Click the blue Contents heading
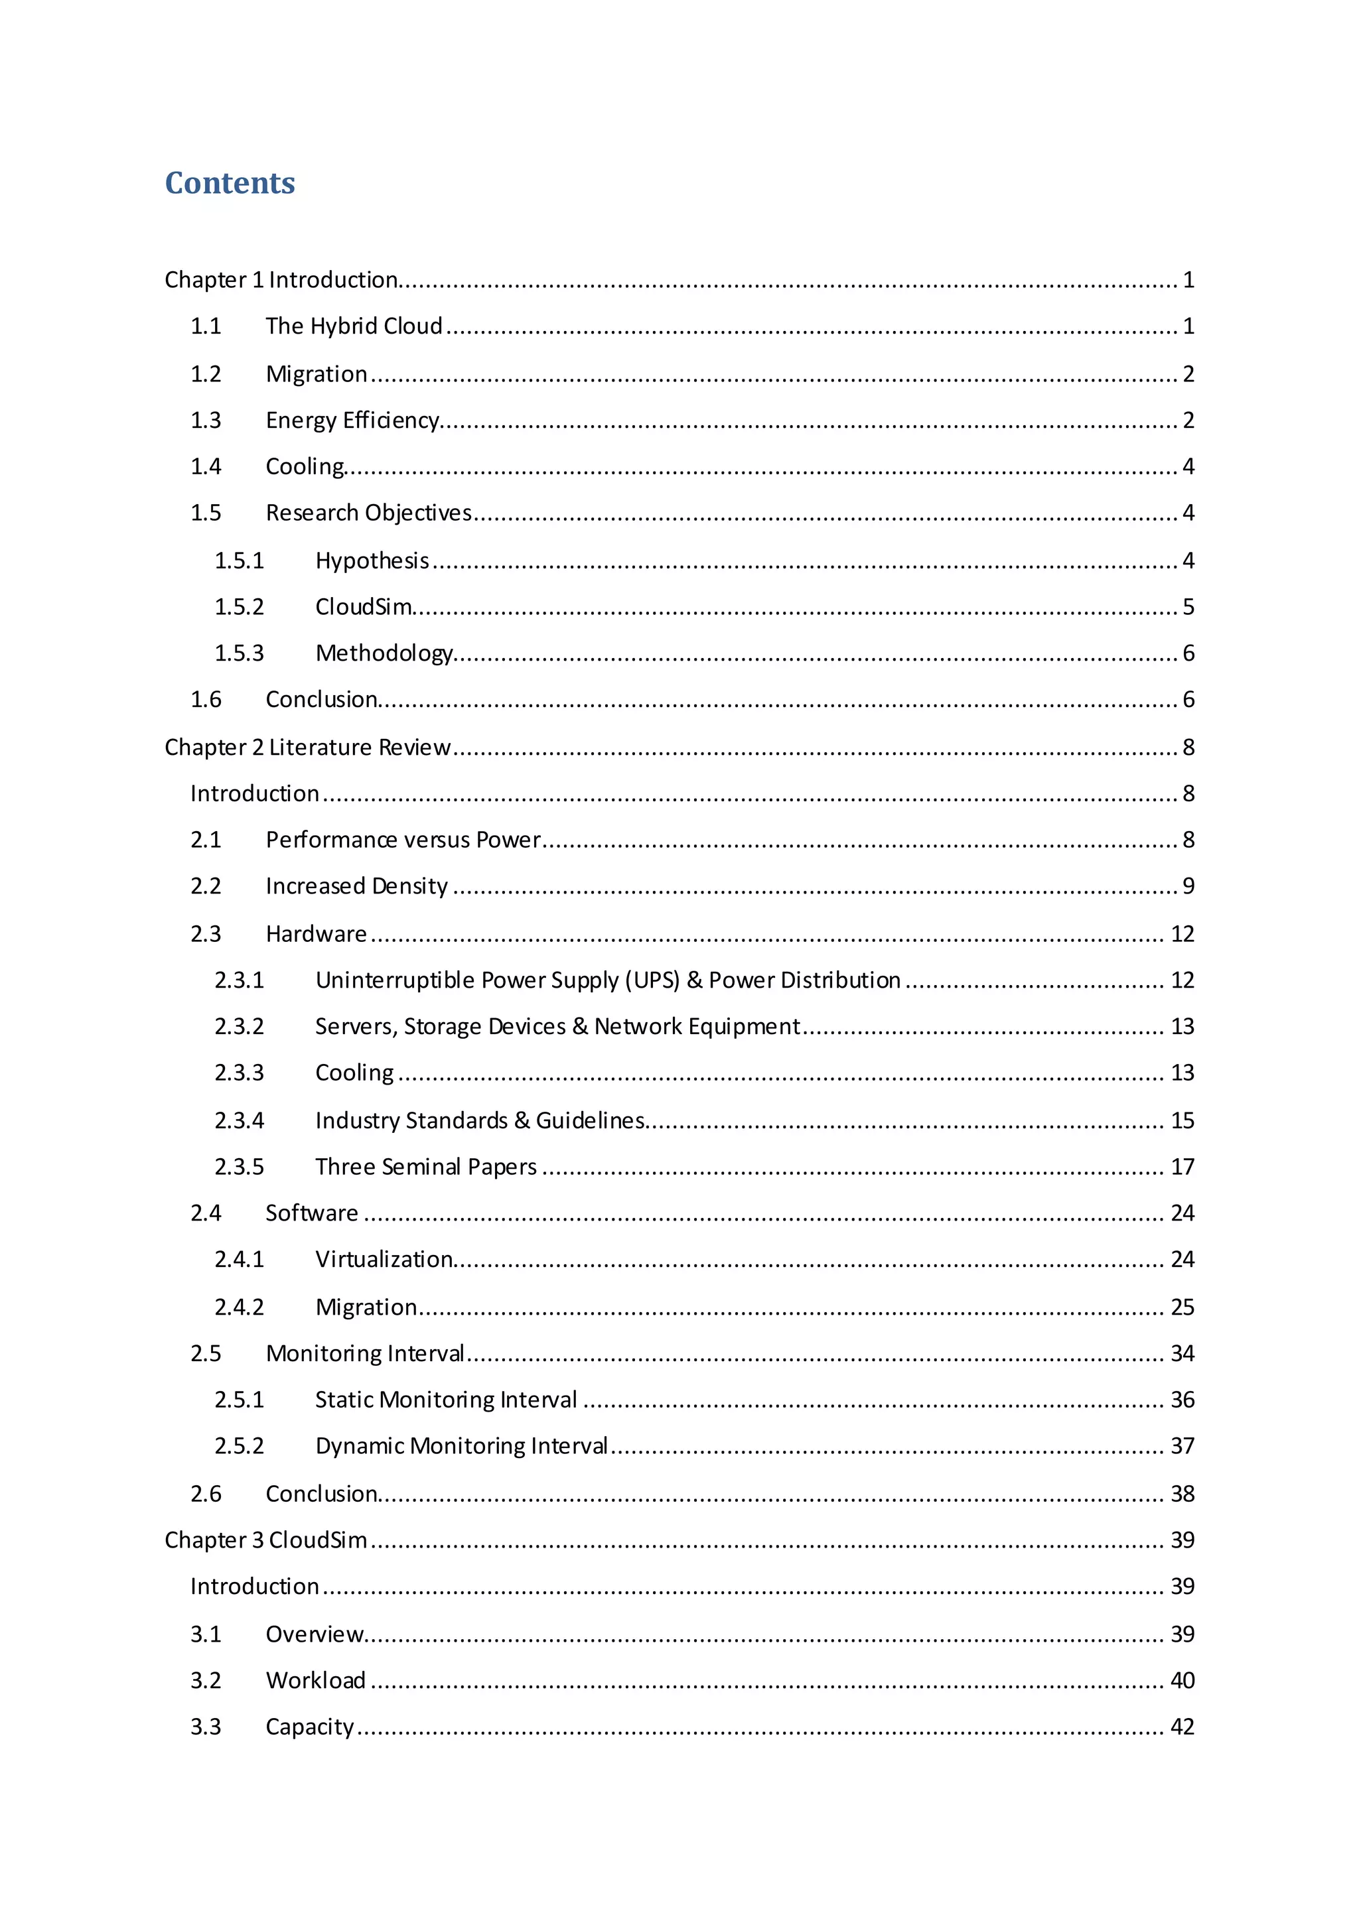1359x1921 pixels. (x=230, y=182)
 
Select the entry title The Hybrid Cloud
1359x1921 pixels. (x=354, y=326)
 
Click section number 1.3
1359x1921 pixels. (x=206, y=420)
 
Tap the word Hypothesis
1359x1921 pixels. (x=372, y=561)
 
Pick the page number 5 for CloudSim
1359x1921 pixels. (x=1187, y=606)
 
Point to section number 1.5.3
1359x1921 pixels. (x=240, y=653)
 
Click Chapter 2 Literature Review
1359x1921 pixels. (x=307, y=747)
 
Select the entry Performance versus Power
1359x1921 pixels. (x=403, y=840)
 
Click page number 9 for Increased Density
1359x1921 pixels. (x=1187, y=886)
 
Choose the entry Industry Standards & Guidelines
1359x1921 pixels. (x=480, y=1120)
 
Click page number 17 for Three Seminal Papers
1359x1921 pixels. (x=1182, y=1166)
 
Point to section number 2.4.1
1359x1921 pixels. (x=240, y=1259)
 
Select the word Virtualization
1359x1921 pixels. (x=384, y=1259)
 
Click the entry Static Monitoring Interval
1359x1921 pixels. (x=446, y=1400)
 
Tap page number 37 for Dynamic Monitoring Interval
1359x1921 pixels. (x=1182, y=1446)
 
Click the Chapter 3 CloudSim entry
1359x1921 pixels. (x=265, y=1540)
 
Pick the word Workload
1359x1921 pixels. (x=315, y=1680)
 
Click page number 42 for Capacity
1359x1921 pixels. (x=1182, y=1726)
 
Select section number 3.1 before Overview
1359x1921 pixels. (x=206, y=1634)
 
